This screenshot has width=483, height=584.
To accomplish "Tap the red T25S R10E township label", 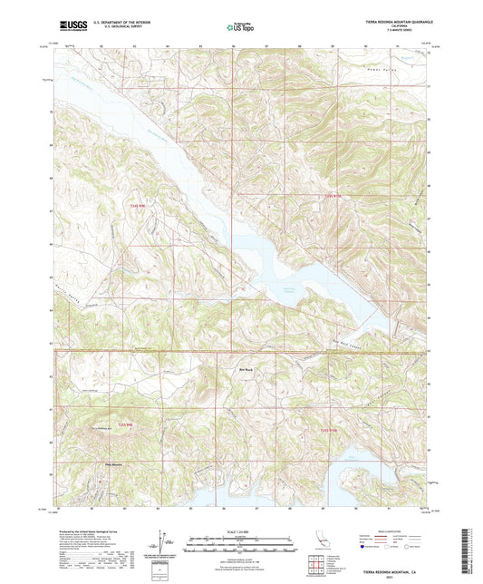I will click(x=330, y=428).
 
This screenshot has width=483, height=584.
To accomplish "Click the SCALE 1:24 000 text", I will click(x=241, y=531).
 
